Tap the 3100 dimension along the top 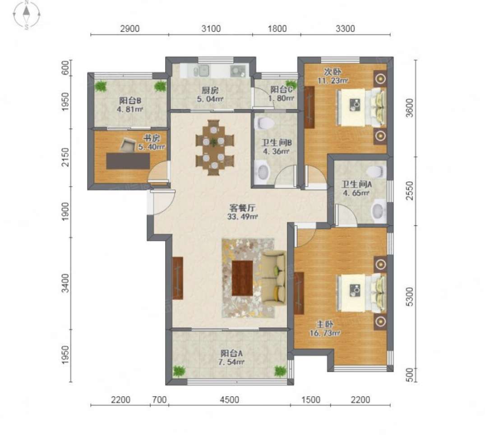[211, 29]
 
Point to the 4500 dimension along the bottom [229, 400]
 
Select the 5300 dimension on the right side [409, 297]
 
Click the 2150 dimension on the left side [65, 157]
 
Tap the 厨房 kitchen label [210, 91]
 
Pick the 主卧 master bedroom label [324, 325]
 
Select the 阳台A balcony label [231, 353]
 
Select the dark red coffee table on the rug [242, 278]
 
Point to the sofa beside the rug [274, 279]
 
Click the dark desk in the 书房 [128, 161]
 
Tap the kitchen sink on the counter [201, 71]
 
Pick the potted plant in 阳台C [291, 83]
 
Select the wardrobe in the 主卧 [299, 293]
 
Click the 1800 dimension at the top [277, 29]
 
